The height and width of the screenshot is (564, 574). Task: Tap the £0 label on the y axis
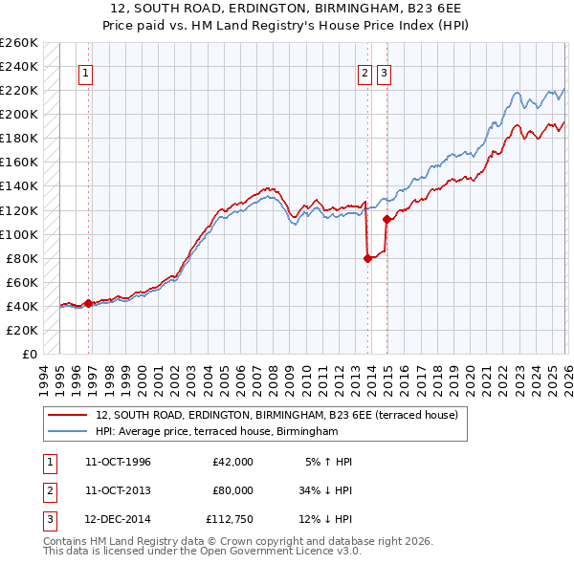[29, 354]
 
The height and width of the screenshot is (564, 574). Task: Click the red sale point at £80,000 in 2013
[367, 257]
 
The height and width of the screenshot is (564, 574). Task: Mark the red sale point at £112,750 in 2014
[386, 219]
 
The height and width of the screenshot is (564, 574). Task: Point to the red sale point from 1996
[88, 303]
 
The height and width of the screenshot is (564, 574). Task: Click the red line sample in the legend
[69, 415]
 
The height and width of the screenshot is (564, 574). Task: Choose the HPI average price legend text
[218, 432]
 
